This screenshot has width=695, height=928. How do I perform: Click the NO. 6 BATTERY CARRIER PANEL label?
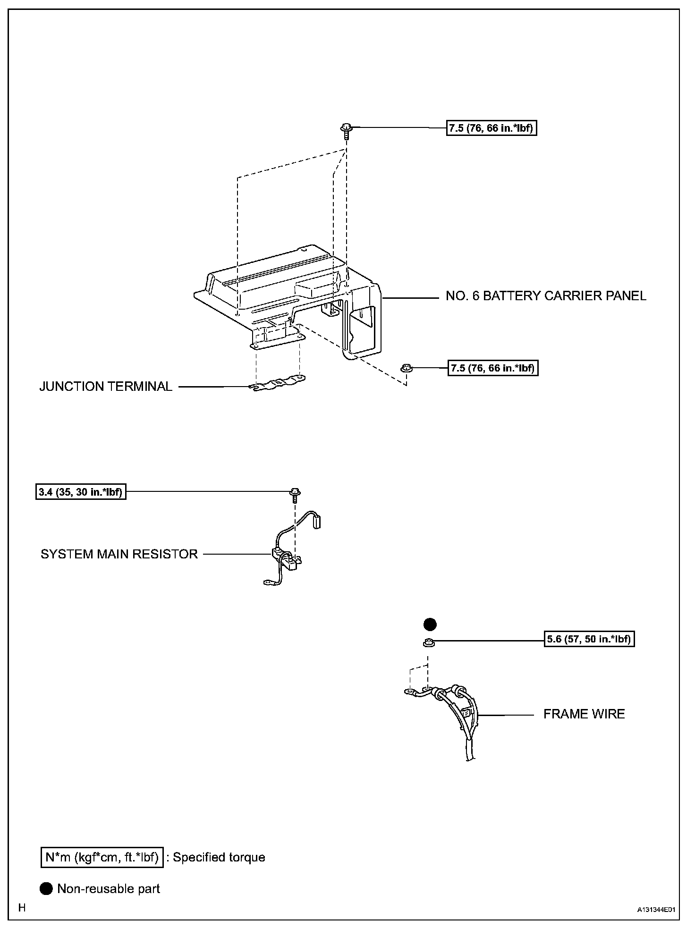tap(546, 296)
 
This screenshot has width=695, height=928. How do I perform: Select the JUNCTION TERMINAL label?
tap(106, 387)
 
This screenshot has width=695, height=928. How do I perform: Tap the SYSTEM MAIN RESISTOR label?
tap(119, 554)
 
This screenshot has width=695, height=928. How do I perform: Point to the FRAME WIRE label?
tap(584, 714)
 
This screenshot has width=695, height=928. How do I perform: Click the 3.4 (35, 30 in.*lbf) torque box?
tap(81, 492)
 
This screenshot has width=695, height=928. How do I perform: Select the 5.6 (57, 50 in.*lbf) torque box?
tap(589, 639)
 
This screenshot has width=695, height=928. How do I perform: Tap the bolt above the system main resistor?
tap(295, 494)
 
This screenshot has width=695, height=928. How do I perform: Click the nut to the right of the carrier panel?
tap(406, 368)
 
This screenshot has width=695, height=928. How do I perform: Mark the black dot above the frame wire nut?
tap(430, 624)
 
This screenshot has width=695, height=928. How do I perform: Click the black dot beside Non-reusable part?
tap(46, 888)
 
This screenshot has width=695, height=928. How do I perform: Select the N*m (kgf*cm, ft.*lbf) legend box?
tap(102, 857)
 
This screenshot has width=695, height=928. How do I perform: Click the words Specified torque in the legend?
tap(219, 857)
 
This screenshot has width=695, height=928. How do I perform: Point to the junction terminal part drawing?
tap(277, 383)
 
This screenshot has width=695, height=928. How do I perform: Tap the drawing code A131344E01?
tap(656, 909)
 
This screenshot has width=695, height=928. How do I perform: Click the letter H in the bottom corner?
tap(22, 907)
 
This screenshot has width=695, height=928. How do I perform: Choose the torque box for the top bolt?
tap(492, 128)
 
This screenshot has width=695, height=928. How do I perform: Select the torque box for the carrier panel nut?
tap(492, 368)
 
